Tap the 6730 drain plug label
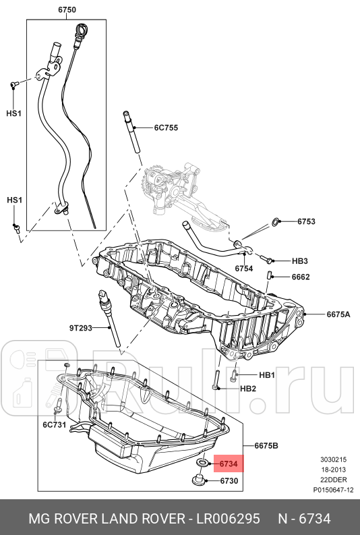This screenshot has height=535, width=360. pyautogui.click(x=230, y=481)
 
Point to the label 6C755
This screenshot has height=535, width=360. pyautogui.click(x=165, y=127)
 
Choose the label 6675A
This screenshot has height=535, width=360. pyautogui.click(x=338, y=314)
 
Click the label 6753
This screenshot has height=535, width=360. pyautogui.click(x=306, y=221)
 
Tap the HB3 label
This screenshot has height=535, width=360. pyautogui.click(x=299, y=260)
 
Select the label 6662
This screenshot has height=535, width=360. pyautogui.click(x=301, y=277)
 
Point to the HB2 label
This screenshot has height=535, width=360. pyautogui.click(x=248, y=388)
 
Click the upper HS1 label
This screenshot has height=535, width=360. pyautogui.click(x=14, y=113)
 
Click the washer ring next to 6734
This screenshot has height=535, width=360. pyautogui.click(x=202, y=464)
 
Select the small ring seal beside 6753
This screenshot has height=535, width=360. pyautogui.click(x=275, y=221)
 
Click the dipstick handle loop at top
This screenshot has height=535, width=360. pyautogui.click(x=83, y=30)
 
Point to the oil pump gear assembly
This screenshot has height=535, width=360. pyautogui.click(x=156, y=183)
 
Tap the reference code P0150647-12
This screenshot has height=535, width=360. pyautogui.click(x=333, y=490)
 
